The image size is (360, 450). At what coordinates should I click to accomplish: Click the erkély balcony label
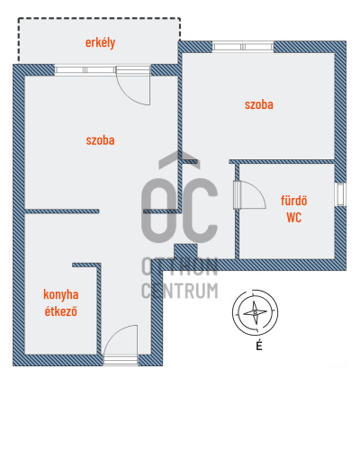(100, 42)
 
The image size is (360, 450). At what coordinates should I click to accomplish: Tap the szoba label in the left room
(100, 140)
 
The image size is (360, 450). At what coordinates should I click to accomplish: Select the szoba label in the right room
(259, 104)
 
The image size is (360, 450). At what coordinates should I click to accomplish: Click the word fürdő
(294, 201)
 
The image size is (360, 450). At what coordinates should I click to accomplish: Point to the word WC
(294, 218)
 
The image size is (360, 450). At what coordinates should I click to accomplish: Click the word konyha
(61, 294)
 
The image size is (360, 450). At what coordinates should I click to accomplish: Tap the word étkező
(61, 311)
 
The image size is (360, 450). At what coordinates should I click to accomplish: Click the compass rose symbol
(255, 312)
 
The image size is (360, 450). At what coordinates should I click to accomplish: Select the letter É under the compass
(259, 346)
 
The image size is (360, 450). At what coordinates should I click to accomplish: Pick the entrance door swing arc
(114, 333)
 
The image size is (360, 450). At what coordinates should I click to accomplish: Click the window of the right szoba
(243, 47)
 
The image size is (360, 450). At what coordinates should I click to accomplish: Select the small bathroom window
(340, 194)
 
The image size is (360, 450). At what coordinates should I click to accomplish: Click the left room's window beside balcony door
(85, 70)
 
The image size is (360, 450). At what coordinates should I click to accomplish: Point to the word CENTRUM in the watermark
(180, 291)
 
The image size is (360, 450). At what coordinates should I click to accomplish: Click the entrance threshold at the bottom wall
(121, 360)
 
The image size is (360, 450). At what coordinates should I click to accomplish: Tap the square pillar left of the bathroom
(185, 252)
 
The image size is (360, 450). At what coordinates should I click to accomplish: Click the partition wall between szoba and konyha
(62, 211)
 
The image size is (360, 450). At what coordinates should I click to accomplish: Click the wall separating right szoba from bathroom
(282, 162)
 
